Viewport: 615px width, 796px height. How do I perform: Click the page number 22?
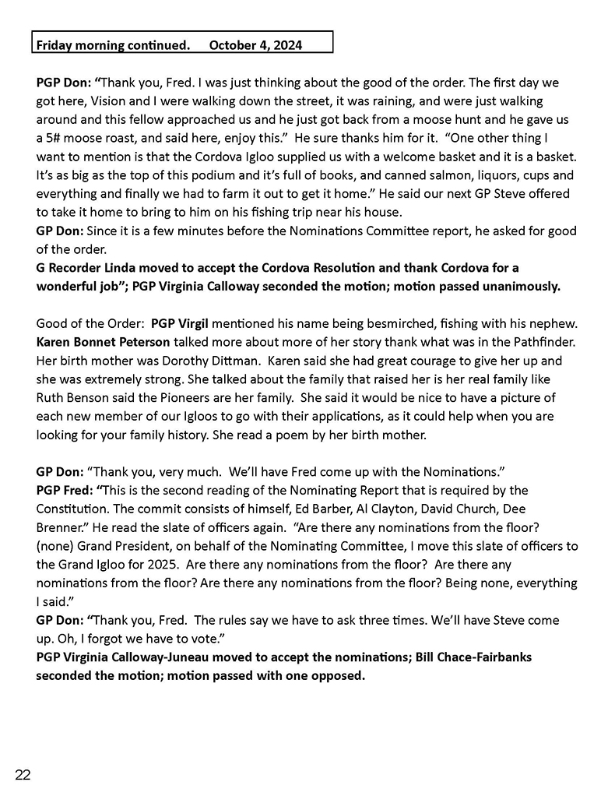tap(23, 773)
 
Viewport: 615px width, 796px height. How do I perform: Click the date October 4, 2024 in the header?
tap(255, 45)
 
